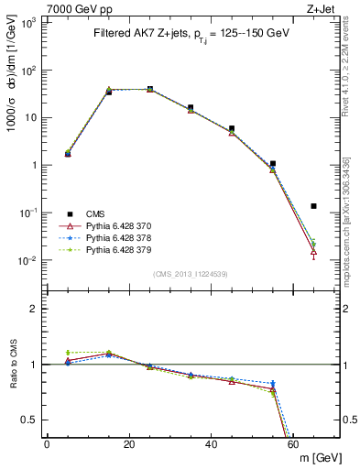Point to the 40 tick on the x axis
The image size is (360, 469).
point(212,444)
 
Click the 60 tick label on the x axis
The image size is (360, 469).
point(294,444)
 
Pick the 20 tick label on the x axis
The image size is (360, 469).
point(129,444)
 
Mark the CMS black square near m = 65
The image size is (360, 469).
point(314,206)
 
